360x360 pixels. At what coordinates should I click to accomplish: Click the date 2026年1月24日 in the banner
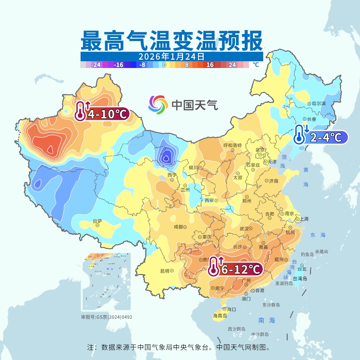171,56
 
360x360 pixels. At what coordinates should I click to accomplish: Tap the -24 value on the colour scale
96,65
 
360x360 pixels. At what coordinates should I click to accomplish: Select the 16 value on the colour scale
210,65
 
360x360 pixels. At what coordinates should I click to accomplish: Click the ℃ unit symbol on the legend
256,65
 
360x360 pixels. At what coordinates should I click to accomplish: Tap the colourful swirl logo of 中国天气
158,105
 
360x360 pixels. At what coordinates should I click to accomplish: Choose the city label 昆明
165,271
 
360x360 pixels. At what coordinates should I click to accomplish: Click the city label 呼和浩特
232,145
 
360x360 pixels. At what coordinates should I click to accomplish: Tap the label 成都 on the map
178,227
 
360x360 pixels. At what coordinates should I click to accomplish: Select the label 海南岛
220,316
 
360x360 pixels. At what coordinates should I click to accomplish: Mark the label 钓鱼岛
307,254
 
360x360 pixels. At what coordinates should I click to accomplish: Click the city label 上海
304,219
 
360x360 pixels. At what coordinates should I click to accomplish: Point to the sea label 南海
267,320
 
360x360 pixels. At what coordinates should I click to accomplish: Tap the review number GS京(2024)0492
107,317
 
